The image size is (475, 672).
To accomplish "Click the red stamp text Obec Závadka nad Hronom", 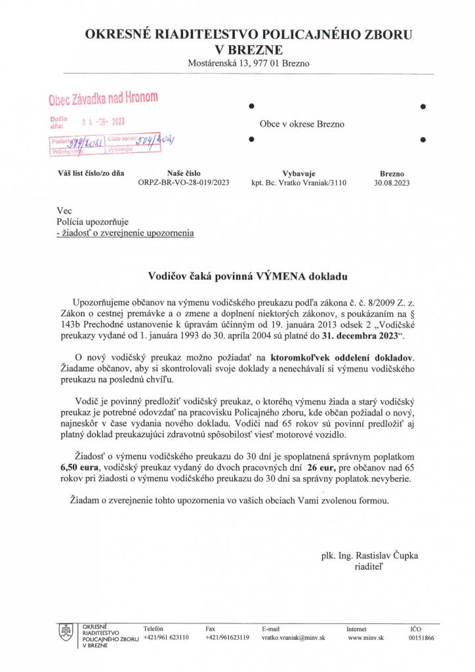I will point(102,98).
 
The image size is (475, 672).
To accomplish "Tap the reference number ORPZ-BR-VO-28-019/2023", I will point(185,184).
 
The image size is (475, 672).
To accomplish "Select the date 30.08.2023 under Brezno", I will point(392,184).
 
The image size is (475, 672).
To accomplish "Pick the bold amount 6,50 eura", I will point(82,467).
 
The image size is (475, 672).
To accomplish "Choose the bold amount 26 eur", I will point(323,467).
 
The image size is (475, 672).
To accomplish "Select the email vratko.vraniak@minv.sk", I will point(293,637).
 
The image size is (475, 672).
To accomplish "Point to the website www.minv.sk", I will point(365,637).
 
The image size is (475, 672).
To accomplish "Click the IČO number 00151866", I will point(421,637).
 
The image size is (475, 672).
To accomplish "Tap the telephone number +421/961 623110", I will point(166,637).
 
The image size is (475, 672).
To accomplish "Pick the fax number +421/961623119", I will point(227,637).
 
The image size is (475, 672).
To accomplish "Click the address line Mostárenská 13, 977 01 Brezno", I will point(249,64).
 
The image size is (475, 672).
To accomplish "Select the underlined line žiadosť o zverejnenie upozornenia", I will point(125,233).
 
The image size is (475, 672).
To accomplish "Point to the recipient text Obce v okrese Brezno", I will point(302,123).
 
